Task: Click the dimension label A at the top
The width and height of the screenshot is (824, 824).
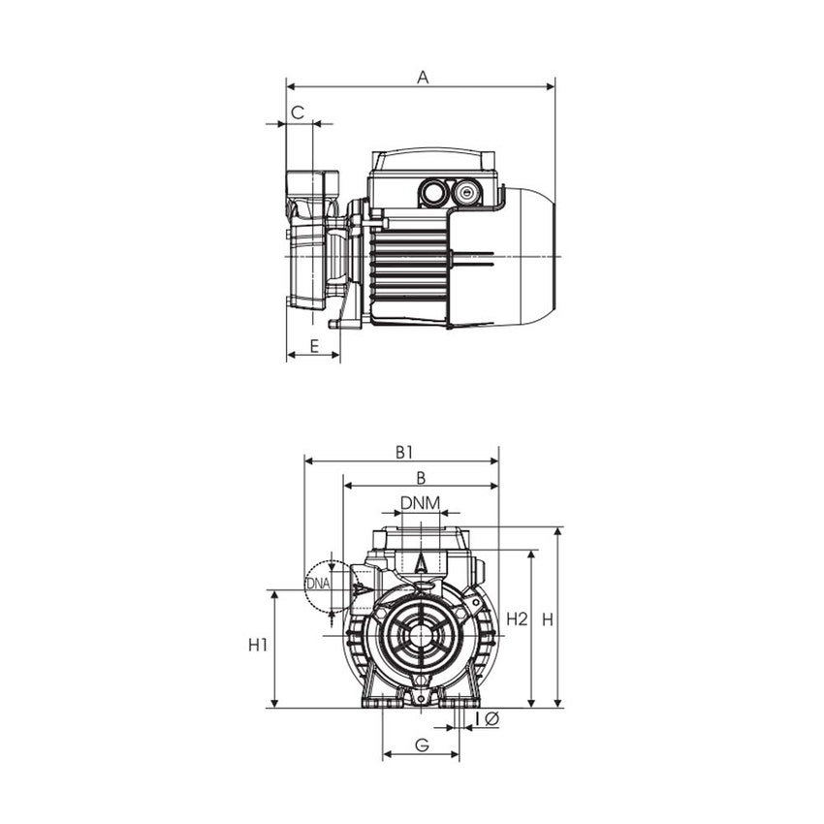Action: [x=422, y=77]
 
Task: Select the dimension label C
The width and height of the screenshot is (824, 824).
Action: [x=299, y=113]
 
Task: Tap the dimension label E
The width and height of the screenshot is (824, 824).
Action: [x=313, y=345]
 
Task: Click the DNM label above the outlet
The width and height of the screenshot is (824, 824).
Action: [x=421, y=502]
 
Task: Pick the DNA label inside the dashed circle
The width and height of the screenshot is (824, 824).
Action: [x=317, y=584]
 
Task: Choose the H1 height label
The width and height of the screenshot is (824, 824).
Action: [x=257, y=646]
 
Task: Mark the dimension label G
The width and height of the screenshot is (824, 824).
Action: [x=422, y=745]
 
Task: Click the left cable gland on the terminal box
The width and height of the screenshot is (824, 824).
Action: [x=431, y=193]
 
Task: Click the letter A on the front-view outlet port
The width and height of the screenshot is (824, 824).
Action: [x=421, y=561]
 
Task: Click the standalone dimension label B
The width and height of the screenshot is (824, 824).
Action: [x=421, y=477]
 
